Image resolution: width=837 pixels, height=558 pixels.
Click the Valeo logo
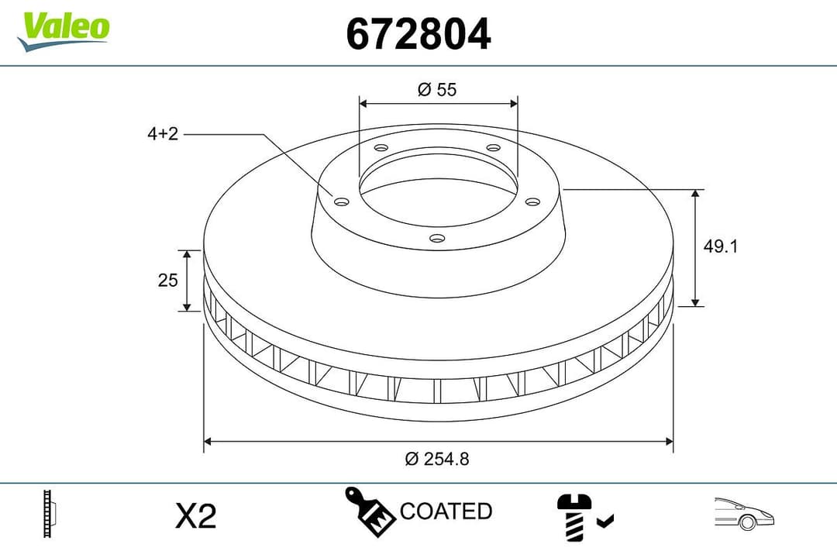pos(64,29)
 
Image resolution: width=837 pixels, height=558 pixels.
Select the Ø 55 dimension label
pos(437,89)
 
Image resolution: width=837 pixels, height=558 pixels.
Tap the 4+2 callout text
pos(163,134)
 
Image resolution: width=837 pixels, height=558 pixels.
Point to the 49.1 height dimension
pos(720,246)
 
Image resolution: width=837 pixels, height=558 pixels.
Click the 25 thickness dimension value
pos(168,281)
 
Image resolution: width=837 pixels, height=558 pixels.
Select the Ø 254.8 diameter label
pos(437,459)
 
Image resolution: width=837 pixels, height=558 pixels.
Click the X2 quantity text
pos(195,515)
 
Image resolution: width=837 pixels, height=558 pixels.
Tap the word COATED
pos(446,511)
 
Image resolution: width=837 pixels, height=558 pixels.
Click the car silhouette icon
pos(745,513)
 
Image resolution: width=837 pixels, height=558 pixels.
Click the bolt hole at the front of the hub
pos(437,239)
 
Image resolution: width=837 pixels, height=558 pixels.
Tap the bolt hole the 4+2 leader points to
pos(341,201)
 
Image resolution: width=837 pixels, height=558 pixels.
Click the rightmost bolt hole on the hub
pos(532,201)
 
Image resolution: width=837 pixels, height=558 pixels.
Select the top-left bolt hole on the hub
pos(381,148)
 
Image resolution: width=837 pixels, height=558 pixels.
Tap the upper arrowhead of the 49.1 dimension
pos(696,194)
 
